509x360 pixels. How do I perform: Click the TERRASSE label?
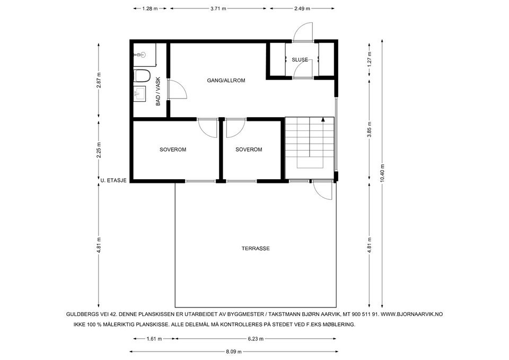[256, 249]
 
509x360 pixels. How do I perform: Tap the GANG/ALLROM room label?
[226, 81]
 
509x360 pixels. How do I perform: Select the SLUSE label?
[300, 60]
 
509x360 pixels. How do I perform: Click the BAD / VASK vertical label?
[158, 91]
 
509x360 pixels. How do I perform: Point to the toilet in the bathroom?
[142, 75]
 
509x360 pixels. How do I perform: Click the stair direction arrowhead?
[323, 119]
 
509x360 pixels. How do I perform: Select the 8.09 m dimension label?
[234, 352]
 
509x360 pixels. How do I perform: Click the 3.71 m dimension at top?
[218, 9]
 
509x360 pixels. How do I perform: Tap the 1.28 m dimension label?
[150, 9]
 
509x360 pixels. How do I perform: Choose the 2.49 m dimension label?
[302, 9]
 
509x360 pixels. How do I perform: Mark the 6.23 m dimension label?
[256, 339]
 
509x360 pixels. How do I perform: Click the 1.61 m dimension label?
[154, 339]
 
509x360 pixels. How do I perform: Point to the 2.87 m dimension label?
[99, 80]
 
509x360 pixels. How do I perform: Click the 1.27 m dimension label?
[369, 59]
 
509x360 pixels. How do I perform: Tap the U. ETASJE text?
[113, 180]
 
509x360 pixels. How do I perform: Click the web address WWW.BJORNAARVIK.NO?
[411, 314]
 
